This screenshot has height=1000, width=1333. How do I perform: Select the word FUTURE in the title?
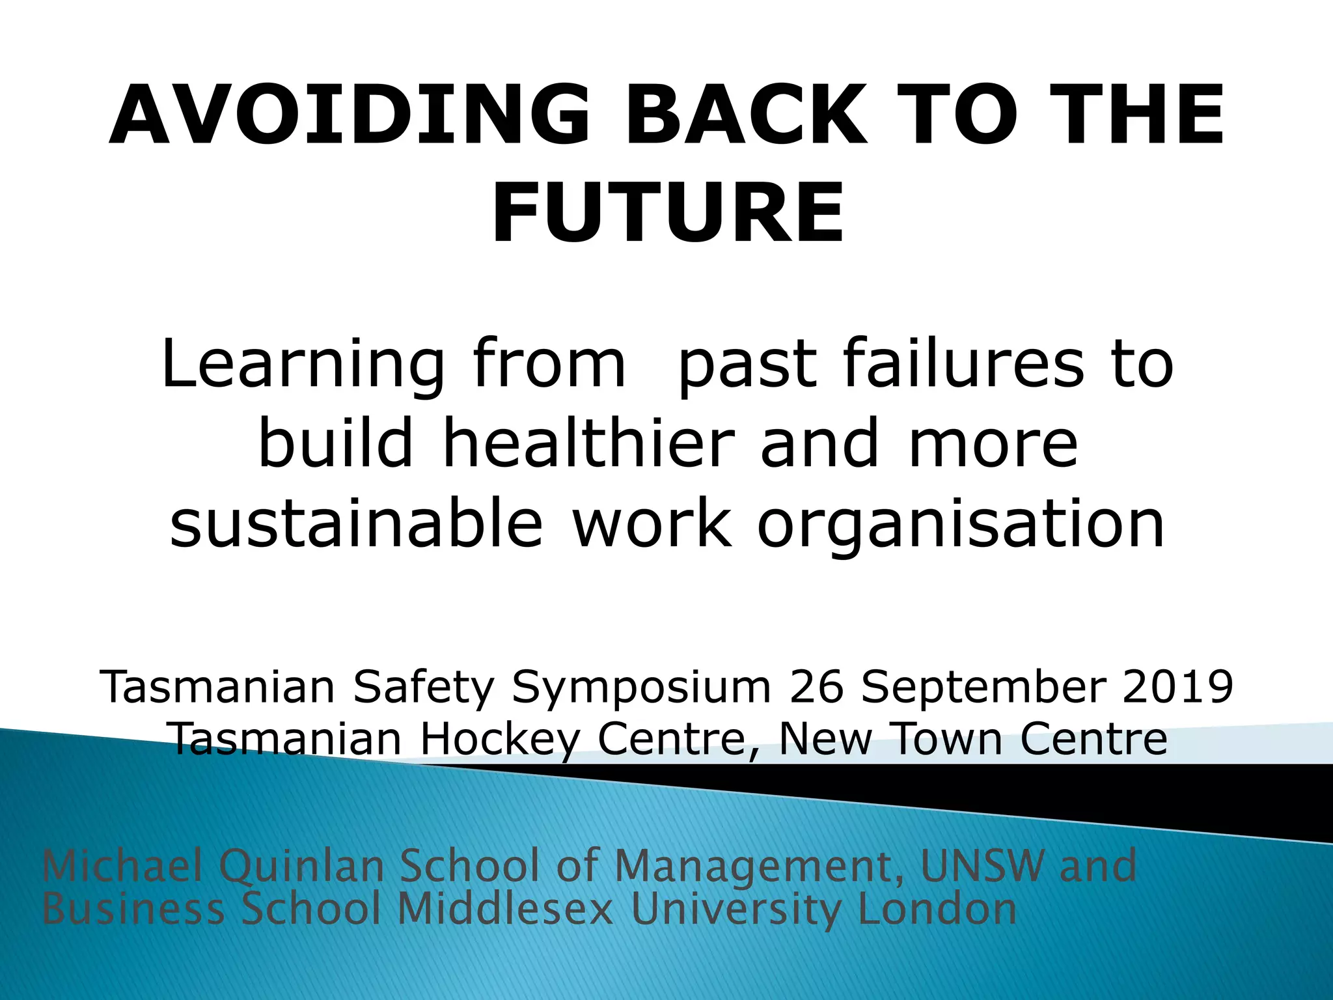(668, 214)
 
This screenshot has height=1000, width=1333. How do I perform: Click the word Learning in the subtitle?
(303, 365)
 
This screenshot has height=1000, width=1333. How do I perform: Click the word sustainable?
(356, 523)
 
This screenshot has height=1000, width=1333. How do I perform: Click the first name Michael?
(122, 866)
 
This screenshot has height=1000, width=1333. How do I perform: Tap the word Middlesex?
(505, 909)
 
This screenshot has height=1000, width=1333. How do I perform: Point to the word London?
(937, 909)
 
